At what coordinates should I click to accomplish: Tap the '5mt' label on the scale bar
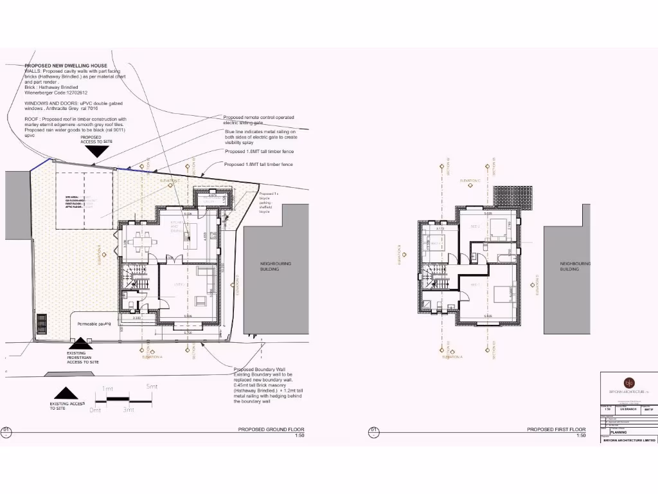[152, 387]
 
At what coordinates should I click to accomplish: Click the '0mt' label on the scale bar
[96, 410]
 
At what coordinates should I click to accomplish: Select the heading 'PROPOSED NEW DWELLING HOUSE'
[66, 66]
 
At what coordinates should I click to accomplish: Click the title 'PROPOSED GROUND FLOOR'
[271, 429]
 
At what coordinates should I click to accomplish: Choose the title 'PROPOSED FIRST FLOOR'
[556, 429]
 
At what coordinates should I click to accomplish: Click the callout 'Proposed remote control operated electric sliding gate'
[258, 120]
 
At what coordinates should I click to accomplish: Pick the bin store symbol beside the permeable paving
[42, 324]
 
